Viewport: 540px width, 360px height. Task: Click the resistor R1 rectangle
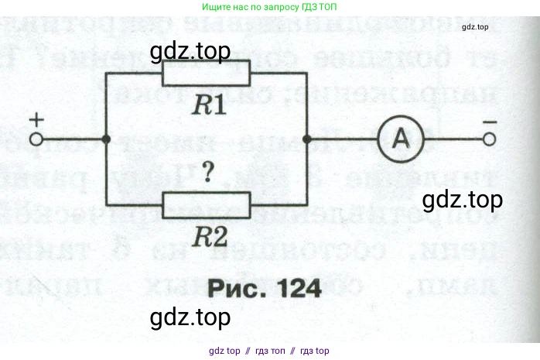tap(207, 74)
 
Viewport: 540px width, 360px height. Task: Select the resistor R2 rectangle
tap(207, 205)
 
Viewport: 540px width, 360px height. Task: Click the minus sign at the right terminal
tap(489, 122)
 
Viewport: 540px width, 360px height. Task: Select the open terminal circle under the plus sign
tap(36, 140)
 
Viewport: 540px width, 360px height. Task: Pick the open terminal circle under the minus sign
tap(489, 140)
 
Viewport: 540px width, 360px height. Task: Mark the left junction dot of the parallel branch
tap(106, 140)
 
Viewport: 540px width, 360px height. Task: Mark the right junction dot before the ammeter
tap(307, 140)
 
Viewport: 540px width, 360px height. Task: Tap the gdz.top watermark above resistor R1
tap(190, 53)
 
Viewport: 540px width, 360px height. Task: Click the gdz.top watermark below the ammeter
tap(463, 200)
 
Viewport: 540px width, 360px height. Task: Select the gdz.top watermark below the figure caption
tap(190, 317)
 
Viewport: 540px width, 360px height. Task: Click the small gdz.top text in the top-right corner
tap(474, 27)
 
